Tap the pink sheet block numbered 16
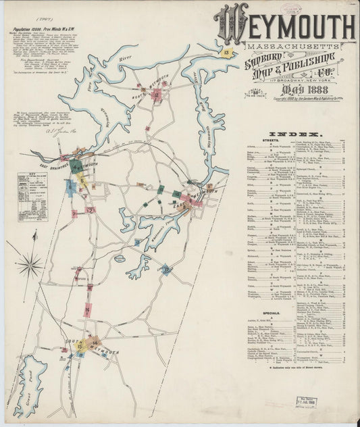pos(87,310)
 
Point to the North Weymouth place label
pos(157,86)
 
